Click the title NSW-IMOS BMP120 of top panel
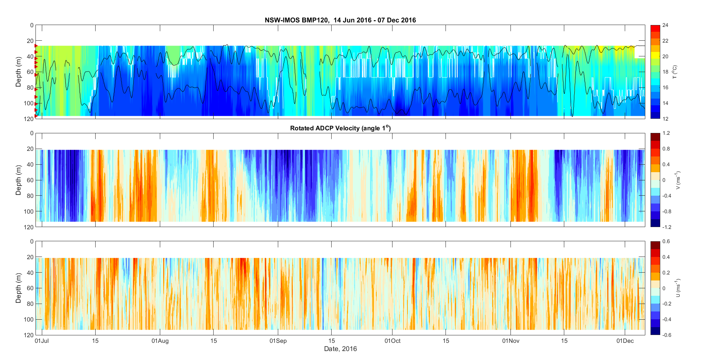tap(340, 20)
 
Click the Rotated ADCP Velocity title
tap(340, 128)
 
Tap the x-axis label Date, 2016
tap(340, 349)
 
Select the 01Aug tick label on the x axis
tap(160, 341)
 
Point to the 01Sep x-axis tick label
tap(278, 341)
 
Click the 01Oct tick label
tap(392, 341)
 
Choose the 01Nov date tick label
tap(510, 341)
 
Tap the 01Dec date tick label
tap(625, 341)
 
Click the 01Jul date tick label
tap(41, 341)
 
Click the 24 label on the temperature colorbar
tap(665, 25)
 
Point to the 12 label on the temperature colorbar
tap(665, 119)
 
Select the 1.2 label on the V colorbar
tap(666, 133)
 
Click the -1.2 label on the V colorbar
tap(667, 227)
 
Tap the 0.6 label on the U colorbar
tap(666, 241)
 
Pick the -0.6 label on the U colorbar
tap(667, 335)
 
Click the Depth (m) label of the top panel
tap(18, 72)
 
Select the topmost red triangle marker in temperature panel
tap(36, 46)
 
